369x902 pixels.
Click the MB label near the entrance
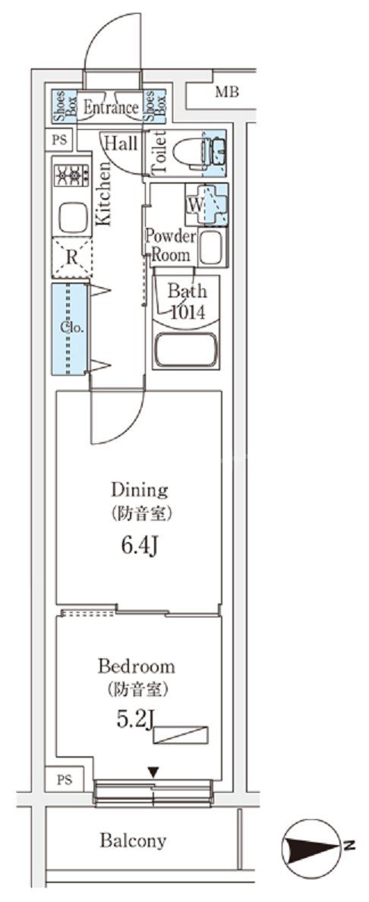pos(227,92)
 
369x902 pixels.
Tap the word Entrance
pos(111,108)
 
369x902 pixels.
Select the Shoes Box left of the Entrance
pos(65,106)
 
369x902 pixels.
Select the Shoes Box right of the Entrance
pos(154,106)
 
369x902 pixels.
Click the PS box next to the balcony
pos(65,781)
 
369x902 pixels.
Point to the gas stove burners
pos(71,175)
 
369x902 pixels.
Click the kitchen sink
pos(71,216)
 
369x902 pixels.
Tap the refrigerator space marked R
pos(71,257)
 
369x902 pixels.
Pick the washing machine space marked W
pos(206,205)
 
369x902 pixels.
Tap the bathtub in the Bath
pos(185,348)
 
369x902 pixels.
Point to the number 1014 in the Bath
pos(187,311)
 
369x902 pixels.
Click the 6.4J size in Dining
pos(139,544)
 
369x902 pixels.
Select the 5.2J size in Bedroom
pos(135,720)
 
